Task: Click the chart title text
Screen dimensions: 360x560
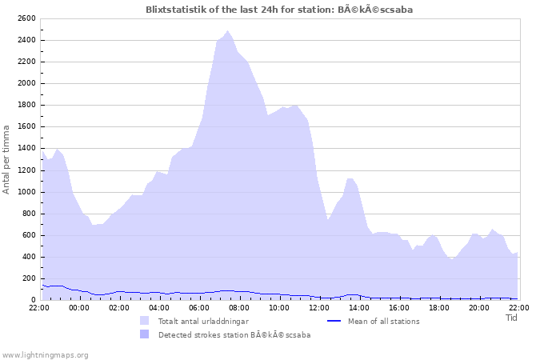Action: pos(279,9)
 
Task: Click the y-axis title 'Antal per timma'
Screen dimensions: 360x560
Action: pos(7,158)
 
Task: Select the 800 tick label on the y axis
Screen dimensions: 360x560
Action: pos(28,214)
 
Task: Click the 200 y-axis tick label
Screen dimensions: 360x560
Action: pos(28,278)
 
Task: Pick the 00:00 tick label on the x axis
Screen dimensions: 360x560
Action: pos(79,307)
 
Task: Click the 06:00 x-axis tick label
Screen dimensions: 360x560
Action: pos(199,307)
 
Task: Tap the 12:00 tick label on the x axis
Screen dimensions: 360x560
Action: pos(319,307)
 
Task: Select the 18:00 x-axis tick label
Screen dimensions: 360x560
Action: pos(439,307)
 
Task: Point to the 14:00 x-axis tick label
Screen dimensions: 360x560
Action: pos(359,307)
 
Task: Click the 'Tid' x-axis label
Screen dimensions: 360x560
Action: pos(512,318)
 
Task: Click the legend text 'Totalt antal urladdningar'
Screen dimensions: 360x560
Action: pos(203,322)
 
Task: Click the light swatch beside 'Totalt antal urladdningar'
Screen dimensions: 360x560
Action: pos(144,322)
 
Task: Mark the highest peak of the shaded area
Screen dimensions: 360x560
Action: pos(228,30)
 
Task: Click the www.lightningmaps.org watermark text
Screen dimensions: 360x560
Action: pos(45,354)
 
